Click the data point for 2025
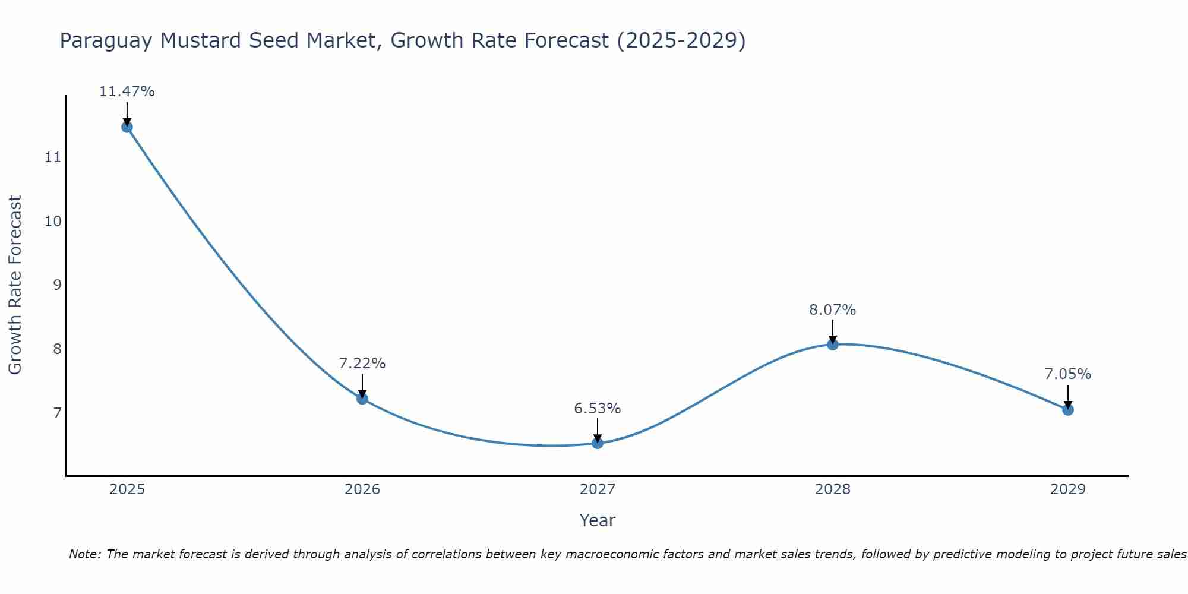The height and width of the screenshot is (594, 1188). (127, 127)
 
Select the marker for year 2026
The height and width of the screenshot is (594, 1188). (362, 398)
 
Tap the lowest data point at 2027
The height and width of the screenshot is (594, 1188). (598, 443)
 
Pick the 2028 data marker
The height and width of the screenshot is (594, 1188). (833, 344)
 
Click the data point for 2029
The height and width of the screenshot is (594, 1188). (1067, 409)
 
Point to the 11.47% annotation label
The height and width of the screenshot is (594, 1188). (127, 91)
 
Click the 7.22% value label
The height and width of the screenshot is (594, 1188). (362, 364)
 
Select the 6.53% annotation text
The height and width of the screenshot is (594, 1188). (598, 409)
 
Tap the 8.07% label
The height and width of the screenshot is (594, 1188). (833, 310)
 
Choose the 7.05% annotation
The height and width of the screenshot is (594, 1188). (1067, 374)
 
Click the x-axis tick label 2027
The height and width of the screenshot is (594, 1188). (598, 489)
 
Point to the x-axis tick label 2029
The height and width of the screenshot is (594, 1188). (1067, 489)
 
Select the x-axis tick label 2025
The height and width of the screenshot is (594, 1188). (127, 489)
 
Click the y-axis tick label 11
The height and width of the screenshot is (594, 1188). (53, 157)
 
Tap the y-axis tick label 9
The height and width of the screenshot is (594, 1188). (57, 285)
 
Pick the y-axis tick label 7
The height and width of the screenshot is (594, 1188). (57, 413)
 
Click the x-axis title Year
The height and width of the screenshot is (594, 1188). (598, 520)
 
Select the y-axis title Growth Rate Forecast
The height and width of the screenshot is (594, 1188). (15, 285)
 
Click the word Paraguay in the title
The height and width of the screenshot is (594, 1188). (106, 41)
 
